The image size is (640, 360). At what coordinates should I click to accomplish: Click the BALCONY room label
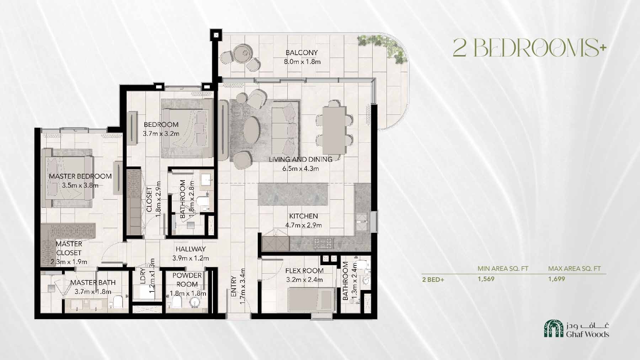[302, 53]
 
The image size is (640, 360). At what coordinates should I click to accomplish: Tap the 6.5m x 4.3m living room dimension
[300, 168]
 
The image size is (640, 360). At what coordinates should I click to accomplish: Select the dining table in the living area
[334, 130]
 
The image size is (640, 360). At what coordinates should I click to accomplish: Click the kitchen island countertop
[293, 194]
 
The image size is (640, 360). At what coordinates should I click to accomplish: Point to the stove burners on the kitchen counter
[323, 243]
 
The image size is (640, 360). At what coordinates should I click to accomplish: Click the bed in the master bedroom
[68, 178]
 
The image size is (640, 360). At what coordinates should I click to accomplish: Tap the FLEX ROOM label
[304, 270]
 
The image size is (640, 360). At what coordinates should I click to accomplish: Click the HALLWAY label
[191, 249]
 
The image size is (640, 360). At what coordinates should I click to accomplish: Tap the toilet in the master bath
[118, 302]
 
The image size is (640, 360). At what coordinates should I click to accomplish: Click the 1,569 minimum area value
[486, 279]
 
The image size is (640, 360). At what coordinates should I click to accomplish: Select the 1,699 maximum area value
[556, 279]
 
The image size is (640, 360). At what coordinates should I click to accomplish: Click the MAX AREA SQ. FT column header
[574, 269]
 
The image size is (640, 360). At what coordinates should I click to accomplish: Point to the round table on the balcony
[245, 52]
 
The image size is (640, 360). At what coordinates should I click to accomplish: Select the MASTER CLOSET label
[69, 248]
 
